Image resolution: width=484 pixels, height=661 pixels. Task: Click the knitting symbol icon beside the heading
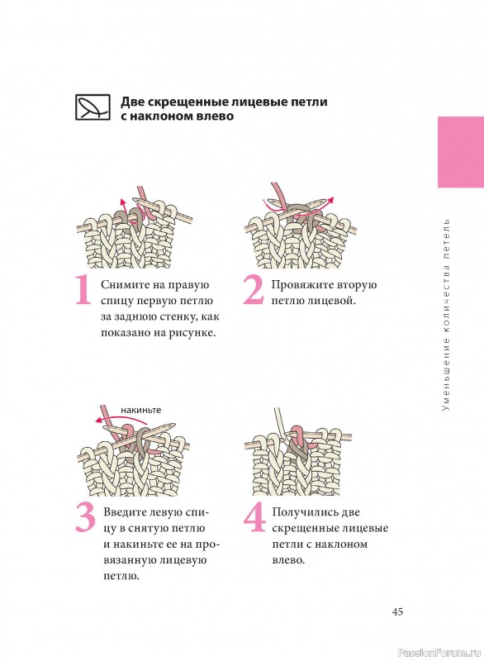click(x=93, y=107)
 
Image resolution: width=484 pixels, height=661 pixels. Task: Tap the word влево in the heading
click(x=215, y=116)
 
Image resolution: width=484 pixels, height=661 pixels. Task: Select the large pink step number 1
click(x=83, y=290)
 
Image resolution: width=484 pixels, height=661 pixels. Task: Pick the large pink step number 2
click(x=254, y=290)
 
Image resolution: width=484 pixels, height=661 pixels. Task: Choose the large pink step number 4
click(x=255, y=517)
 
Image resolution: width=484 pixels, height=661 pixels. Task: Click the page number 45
click(x=397, y=611)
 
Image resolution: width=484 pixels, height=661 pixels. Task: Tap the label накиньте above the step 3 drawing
click(x=140, y=410)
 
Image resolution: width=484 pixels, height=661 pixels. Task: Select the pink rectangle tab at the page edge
click(x=461, y=152)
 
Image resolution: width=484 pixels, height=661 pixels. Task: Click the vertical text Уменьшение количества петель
click(x=446, y=315)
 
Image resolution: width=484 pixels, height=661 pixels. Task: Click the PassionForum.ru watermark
click(x=439, y=653)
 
